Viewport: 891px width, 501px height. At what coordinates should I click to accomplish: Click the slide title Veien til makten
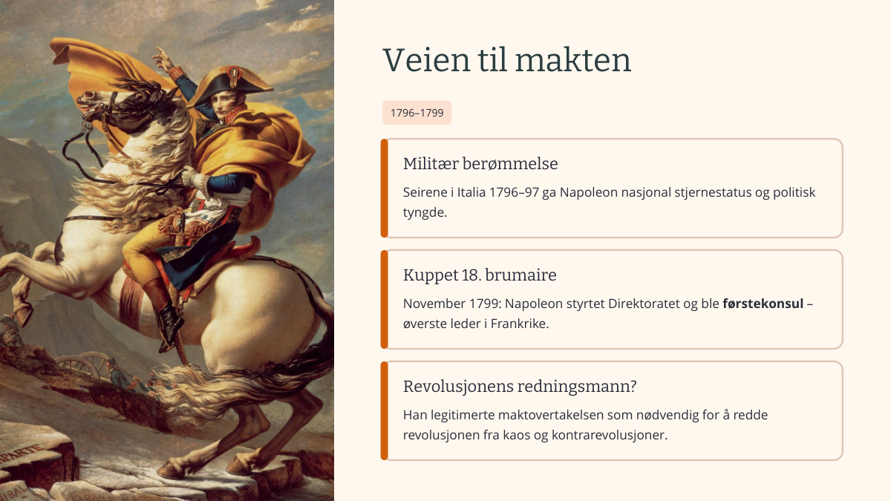pos(506,60)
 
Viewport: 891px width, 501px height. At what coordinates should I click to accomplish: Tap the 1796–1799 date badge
pos(417,113)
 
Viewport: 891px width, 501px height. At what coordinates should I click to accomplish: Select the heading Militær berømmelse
pos(480,163)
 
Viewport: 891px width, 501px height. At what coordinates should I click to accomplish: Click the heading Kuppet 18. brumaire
pos(480,275)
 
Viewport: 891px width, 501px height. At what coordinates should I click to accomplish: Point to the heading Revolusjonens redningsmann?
pos(520,386)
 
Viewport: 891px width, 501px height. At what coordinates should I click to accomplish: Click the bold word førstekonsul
pos(763,304)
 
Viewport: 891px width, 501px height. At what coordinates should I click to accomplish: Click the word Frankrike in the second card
pos(518,324)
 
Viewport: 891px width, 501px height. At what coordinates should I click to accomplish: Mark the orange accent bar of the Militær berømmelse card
pos(385,188)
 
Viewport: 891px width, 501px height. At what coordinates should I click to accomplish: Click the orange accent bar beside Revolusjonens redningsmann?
pos(385,410)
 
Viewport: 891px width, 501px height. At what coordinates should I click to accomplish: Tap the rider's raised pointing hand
pos(164,59)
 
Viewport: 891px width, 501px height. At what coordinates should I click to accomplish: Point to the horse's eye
pos(140,97)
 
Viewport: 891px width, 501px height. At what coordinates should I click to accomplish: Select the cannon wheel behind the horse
pos(82,366)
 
